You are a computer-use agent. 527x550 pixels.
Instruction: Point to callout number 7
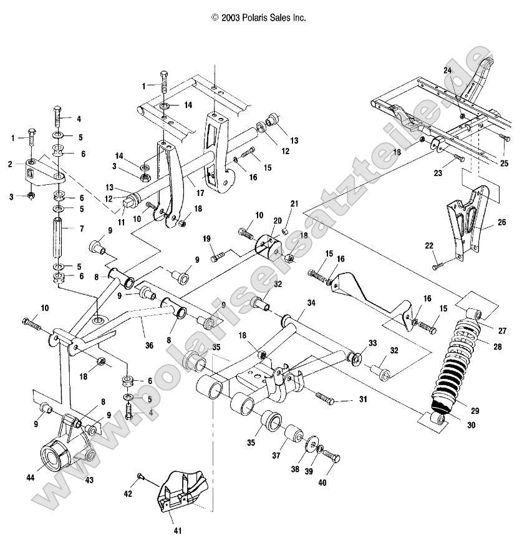pyautogui.click(x=80, y=229)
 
